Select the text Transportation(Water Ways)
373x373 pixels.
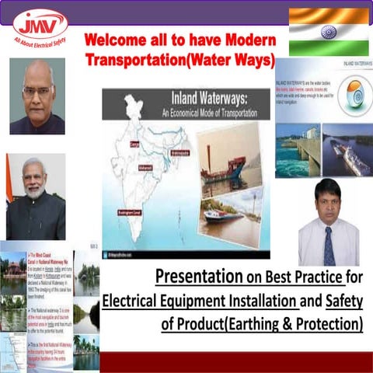pyautogui.click(x=180, y=60)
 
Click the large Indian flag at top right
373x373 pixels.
pyautogui.click(x=328, y=32)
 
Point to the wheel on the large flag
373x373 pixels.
pyautogui.click(x=328, y=32)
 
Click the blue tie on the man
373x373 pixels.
pyautogui.click(x=329, y=246)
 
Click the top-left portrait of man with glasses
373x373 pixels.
pyautogui.click(x=37, y=96)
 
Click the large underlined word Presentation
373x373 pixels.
pyautogui.click(x=194, y=276)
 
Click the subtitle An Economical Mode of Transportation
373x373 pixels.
pyautogui.click(x=182, y=112)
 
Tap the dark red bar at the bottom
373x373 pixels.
pyautogui.click(x=233, y=362)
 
